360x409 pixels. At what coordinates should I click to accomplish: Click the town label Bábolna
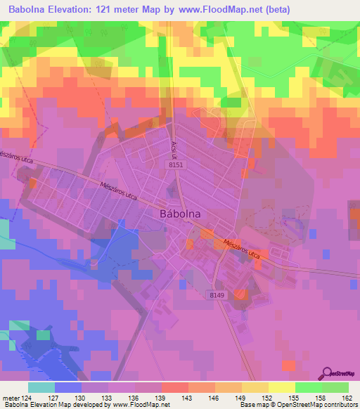(179, 213)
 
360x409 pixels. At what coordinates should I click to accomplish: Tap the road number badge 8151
(176, 164)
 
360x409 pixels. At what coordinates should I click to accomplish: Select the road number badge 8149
(217, 296)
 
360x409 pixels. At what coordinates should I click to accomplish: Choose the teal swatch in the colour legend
(41, 387)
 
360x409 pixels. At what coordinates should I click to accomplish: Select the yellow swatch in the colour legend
(281, 387)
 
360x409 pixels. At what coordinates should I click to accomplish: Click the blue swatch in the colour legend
(68, 387)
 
